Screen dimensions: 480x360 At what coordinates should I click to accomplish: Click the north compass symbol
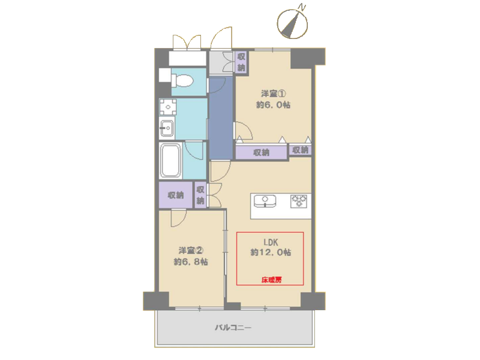tap(292, 23)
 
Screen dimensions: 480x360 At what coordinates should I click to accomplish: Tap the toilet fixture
tap(182, 81)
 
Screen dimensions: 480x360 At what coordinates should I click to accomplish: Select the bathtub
tap(170, 160)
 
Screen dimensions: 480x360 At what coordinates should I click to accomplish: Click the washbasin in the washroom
tap(167, 128)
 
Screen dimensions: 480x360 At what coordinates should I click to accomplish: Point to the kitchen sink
tap(265, 200)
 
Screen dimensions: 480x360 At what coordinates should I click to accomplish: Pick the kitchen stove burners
tap(299, 201)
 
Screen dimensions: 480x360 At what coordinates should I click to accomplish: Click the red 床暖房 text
tap(271, 280)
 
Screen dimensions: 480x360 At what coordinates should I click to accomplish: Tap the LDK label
tap(271, 242)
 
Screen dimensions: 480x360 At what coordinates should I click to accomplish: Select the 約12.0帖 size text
tap(271, 252)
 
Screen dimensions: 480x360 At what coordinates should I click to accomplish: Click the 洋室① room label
tap(274, 94)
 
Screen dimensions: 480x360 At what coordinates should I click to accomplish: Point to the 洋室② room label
tap(191, 251)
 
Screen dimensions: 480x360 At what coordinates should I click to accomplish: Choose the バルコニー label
tap(233, 328)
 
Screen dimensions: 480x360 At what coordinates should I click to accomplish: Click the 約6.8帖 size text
tap(191, 262)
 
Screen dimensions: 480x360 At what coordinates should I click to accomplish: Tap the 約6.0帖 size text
tap(274, 104)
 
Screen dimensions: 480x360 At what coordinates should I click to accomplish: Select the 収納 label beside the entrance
tap(241, 62)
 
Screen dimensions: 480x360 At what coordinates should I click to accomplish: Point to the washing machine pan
tap(168, 107)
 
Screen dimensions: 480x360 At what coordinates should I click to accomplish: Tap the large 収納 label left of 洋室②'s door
tap(176, 195)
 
